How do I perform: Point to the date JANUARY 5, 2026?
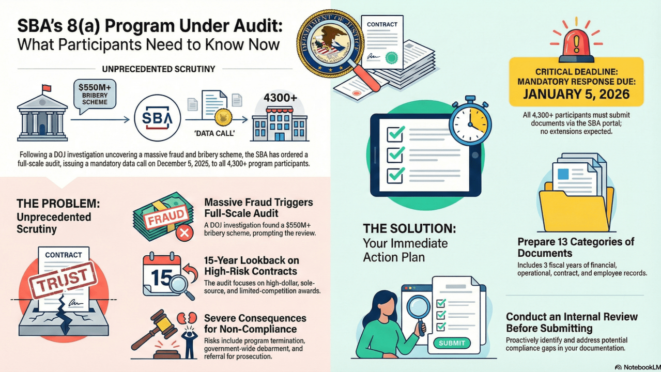pyautogui.click(x=576, y=94)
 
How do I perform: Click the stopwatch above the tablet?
pyautogui.click(x=469, y=122)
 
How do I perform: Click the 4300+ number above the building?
pyautogui.click(x=281, y=98)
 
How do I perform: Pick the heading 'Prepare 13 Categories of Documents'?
pyautogui.click(x=576, y=247)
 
